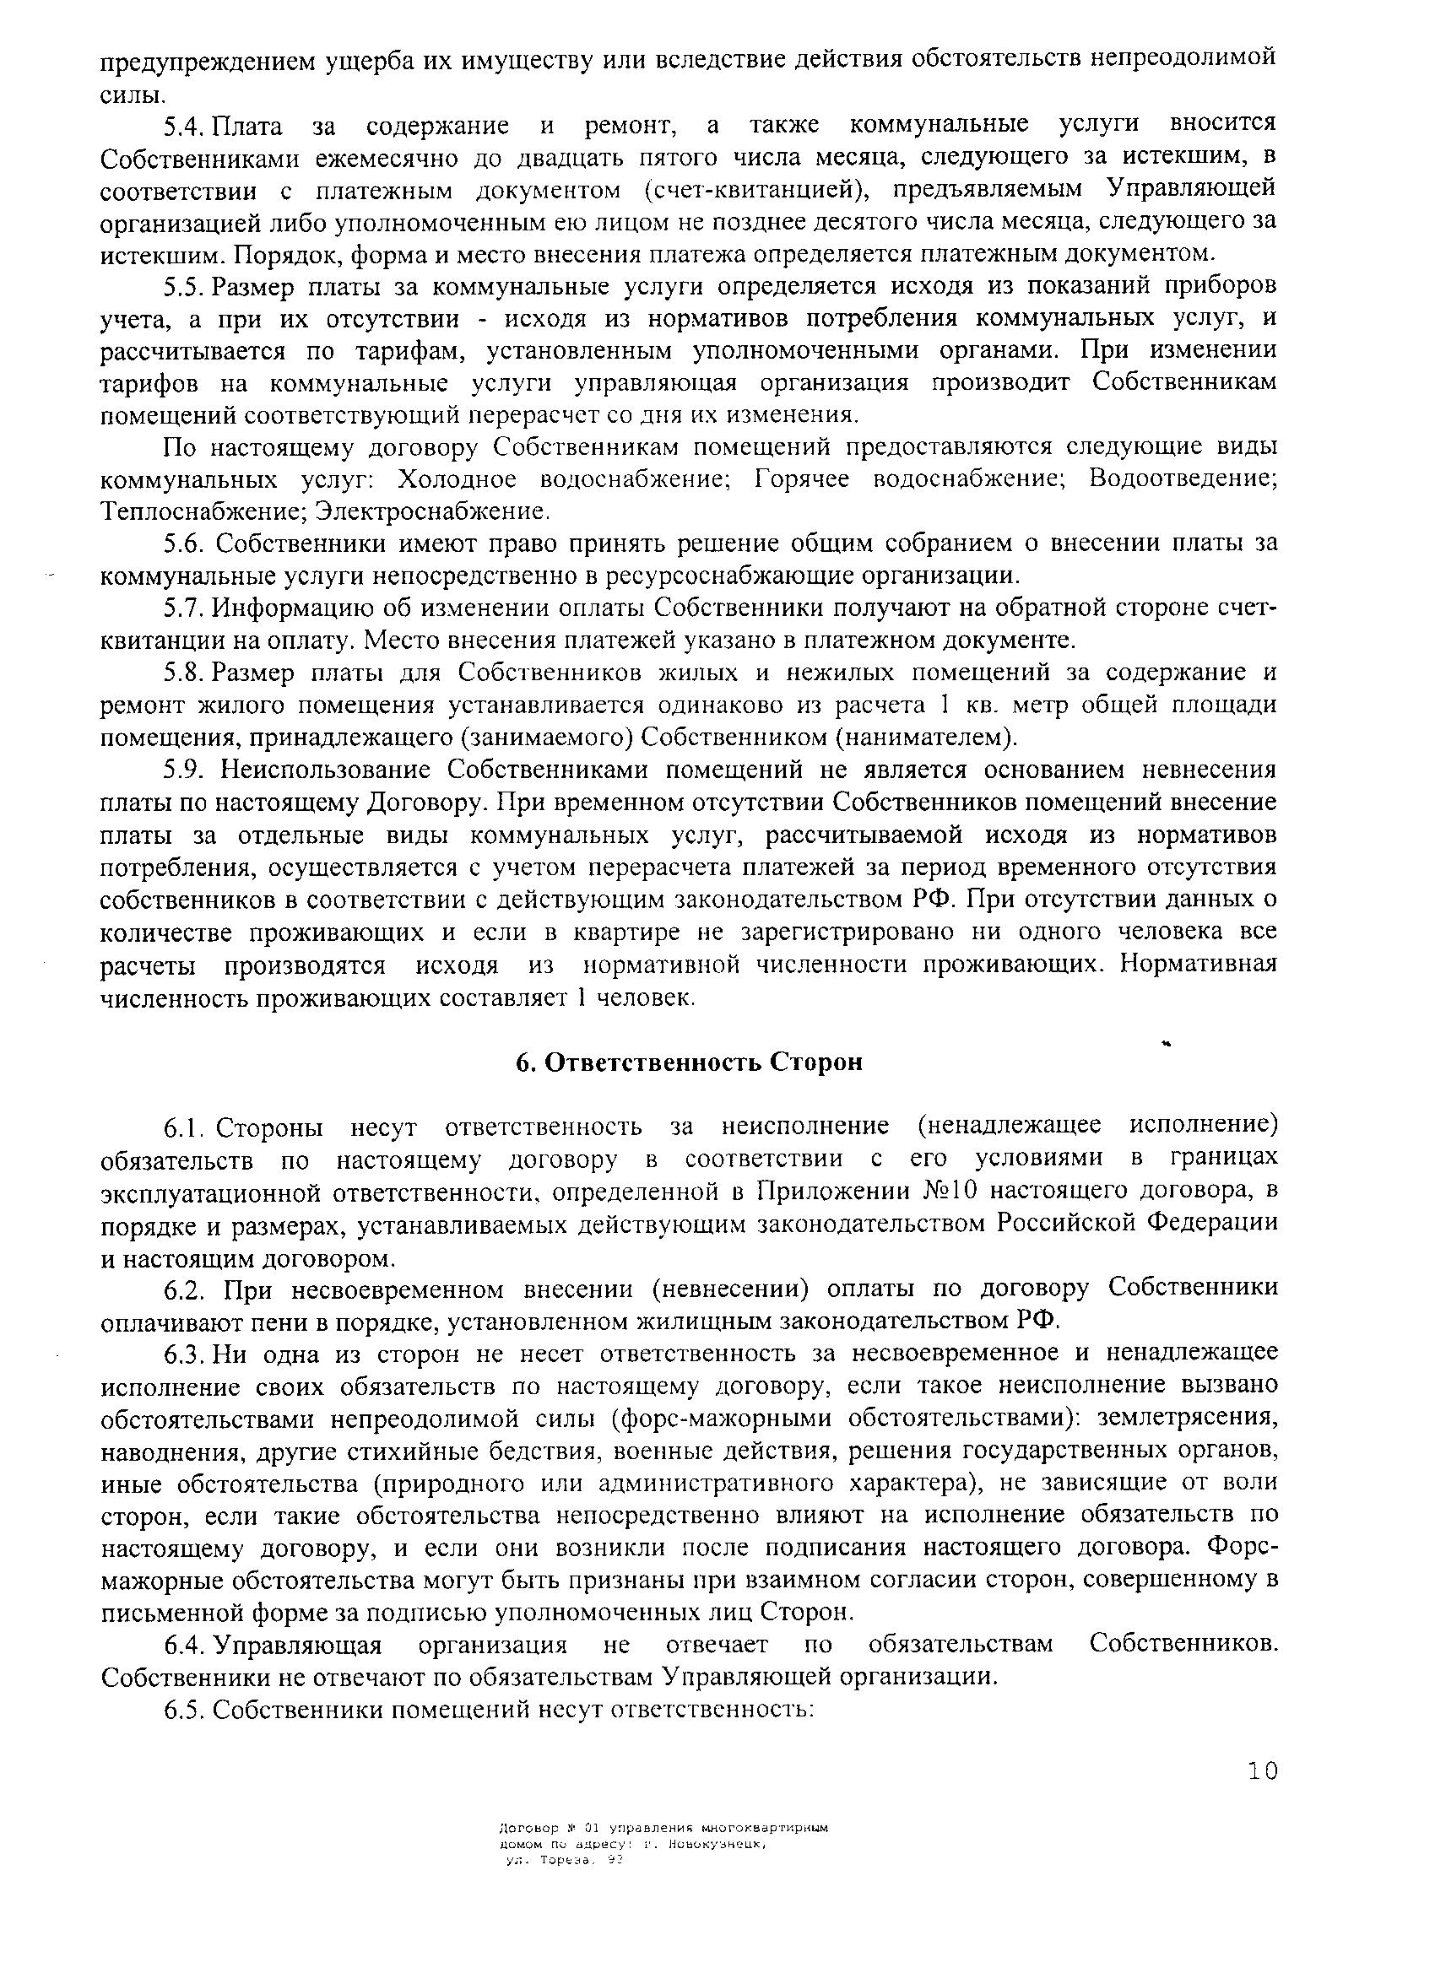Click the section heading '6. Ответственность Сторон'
(x=686, y=1063)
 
